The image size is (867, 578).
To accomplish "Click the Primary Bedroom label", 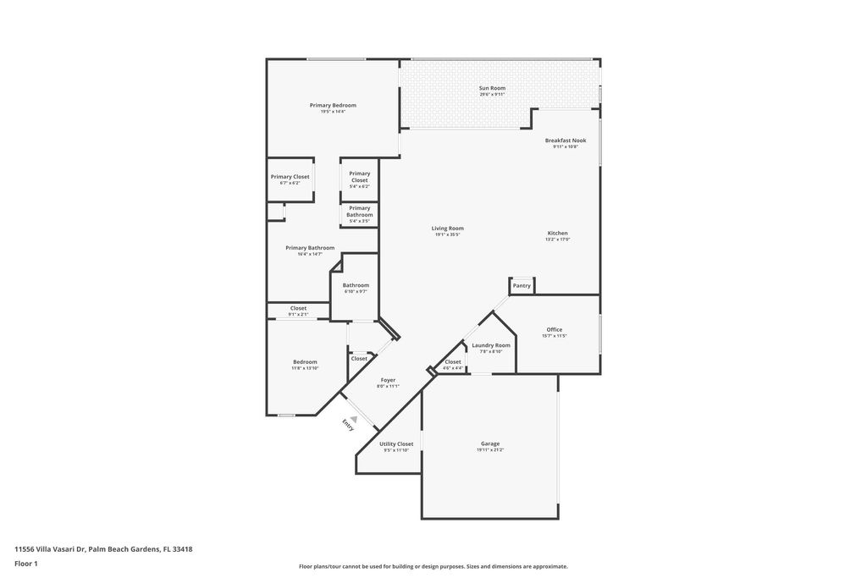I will [x=333, y=106].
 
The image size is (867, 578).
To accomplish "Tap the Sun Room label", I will [x=492, y=88].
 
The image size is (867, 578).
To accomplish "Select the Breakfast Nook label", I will [x=565, y=140].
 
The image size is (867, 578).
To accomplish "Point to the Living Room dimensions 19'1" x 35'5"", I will [x=448, y=234].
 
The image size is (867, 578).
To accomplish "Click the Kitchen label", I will [x=557, y=233].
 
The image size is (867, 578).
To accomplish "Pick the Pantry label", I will [x=522, y=286].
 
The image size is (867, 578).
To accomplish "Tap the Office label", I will [x=554, y=329].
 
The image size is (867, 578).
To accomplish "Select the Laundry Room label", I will [x=491, y=345].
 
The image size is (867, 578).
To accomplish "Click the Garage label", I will [x=489, y=443].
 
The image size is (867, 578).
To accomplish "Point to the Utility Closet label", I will [x=396, y=443].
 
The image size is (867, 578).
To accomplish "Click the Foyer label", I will [x=388, y=380].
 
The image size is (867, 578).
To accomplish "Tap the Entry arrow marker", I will [x=354, y=417].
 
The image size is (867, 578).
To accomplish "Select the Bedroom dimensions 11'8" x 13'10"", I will [x=305, y=368].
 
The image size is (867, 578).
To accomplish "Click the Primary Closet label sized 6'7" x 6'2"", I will [x=290, y=177].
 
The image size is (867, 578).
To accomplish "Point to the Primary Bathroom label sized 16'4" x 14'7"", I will [x=310, y=248].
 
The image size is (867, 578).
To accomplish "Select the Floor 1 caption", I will [x=26, y=564].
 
